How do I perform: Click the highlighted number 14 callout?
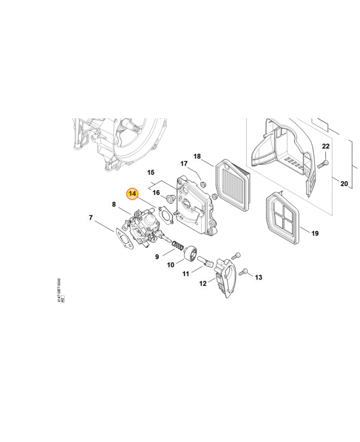pyautogui.click(x=132, y=194)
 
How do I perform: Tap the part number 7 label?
pyautogui.click(x=91, y=218)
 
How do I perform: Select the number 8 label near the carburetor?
pyautogui.click(x=114, y=204)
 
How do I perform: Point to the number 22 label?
pyautogui.click(x=326, y=146)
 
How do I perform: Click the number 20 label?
pyautogui.click(x=344, y=184)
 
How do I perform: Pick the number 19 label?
pyautogui.click(x=315, y=233)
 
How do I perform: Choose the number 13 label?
pyautogui.click(x=258, y=277)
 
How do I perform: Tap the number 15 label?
pyautogui.click(x=151, y=172)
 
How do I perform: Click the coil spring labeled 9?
pyautogui.click(x=178, y=244)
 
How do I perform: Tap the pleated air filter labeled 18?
pyautogui.click(x=232, y=184)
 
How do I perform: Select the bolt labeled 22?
pyautogui.click(x=323, y=164)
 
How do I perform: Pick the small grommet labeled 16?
pyautogui.click(x=170, y=198)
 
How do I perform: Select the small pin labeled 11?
pyautogui.click(x=204, y=261)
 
